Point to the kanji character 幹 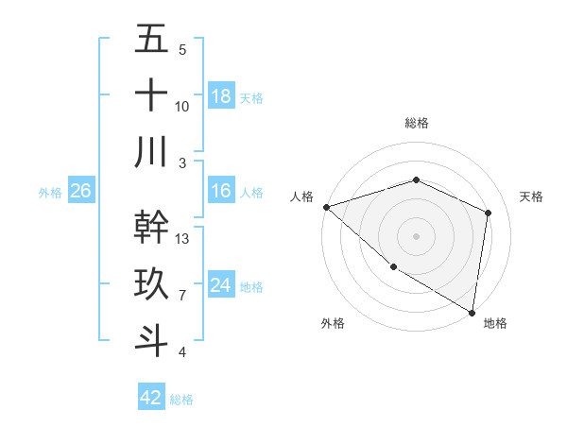click(x=152, y=227)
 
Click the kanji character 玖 click(x=152, y=283)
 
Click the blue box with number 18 click(x=221, y=96)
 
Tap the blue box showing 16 click(x=221, y=191)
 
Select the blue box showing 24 click(x=221, y=285)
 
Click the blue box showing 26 click(x=80, y=191)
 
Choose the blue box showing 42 click(x=151, y=398)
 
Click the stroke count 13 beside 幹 click(x=182, y=238)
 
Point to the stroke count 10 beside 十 click(x=182, y=106)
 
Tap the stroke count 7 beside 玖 click(x=182, y=295)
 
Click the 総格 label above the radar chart click(x=416, y=123)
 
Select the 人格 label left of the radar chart click(x=301, y=196)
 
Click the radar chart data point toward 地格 click(x=472, y=312)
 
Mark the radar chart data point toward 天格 click(x=488, y=213)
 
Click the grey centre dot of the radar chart click(x=416, y=235)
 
